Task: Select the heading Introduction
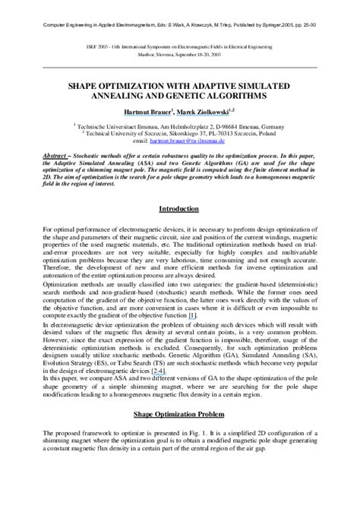tap(180, 208)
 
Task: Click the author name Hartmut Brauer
tap(149, 112)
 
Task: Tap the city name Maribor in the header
tap(147, 55)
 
